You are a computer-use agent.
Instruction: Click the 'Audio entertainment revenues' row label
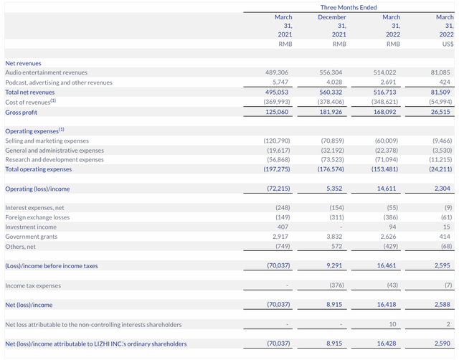46,72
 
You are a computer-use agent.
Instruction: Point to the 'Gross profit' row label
21,112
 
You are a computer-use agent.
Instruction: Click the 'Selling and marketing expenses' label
47,141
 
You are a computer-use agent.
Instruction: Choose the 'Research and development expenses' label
54,159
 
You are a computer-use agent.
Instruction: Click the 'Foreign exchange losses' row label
37,217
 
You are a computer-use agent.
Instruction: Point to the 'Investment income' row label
30,227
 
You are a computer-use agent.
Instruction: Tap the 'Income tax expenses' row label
32,285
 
